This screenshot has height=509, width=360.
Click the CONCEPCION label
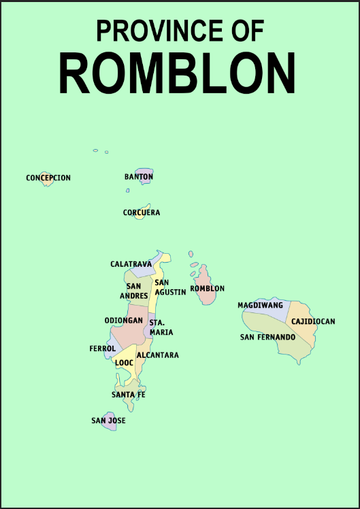[x=48, y=178]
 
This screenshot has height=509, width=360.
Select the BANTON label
[x=139, y=177]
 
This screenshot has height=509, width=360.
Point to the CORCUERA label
[x=142, y=213]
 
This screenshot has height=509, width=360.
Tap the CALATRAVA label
[x=131, y=264]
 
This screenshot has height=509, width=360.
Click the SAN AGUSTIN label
[x=170, y=287]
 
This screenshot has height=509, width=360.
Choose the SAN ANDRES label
[x=134, y=291]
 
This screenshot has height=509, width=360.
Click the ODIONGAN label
[x=123, y=321]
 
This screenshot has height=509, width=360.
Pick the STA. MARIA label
[x=161, y=327]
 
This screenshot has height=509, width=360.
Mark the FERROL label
[x=103, y=348]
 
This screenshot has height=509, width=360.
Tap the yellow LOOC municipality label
[x=124, y=363]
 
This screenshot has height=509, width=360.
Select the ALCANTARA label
[x=158, y=355]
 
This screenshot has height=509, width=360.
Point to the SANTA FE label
[x=129, y=395]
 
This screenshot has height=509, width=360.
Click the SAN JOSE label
[x=108, y=421]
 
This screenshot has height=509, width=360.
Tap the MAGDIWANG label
[x=260, y=306]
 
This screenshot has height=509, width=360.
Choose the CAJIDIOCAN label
[x=313, y=322]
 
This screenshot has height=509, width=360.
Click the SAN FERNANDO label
[x=267, y=337]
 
